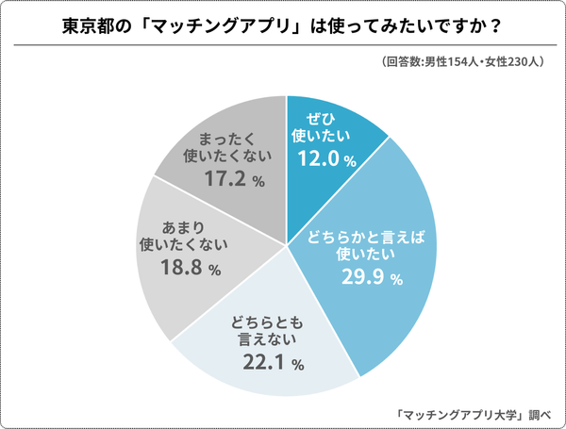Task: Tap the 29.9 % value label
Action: coord(370,278)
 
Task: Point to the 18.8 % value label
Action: coord(188,269)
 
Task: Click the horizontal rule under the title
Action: coord(283,44)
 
